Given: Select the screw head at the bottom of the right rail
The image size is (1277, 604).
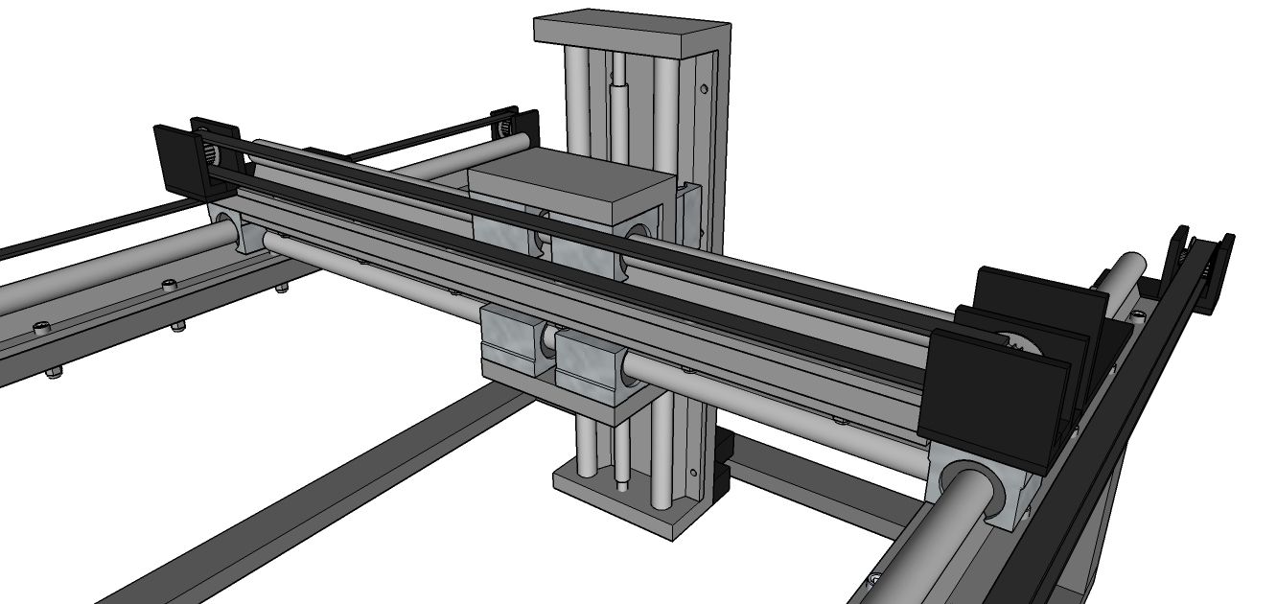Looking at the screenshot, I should point(875,578).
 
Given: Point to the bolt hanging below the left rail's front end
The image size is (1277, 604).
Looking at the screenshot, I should point(52,373).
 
